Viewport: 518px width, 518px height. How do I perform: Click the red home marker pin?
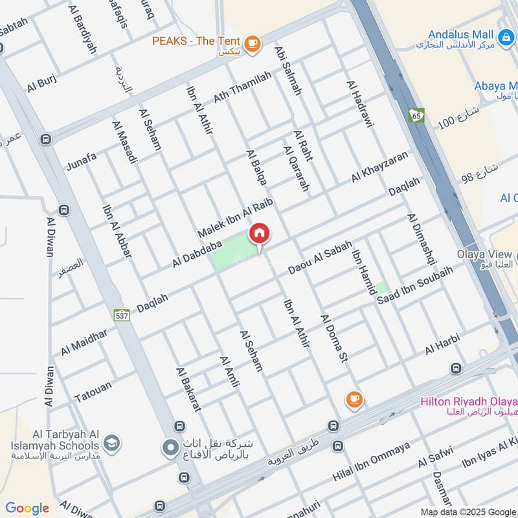(260, 234)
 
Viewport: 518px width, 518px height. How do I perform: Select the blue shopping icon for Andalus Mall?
(506, 34)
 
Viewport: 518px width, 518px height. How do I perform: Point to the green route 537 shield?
(121, 315)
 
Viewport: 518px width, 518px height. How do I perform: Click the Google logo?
(27, 508)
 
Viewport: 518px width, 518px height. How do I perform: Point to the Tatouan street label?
(93, 391)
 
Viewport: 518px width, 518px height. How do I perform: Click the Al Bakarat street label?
(189, 389)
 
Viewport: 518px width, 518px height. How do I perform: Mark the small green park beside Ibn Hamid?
(382, 287)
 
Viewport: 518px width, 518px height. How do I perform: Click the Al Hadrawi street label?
(359, 104)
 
